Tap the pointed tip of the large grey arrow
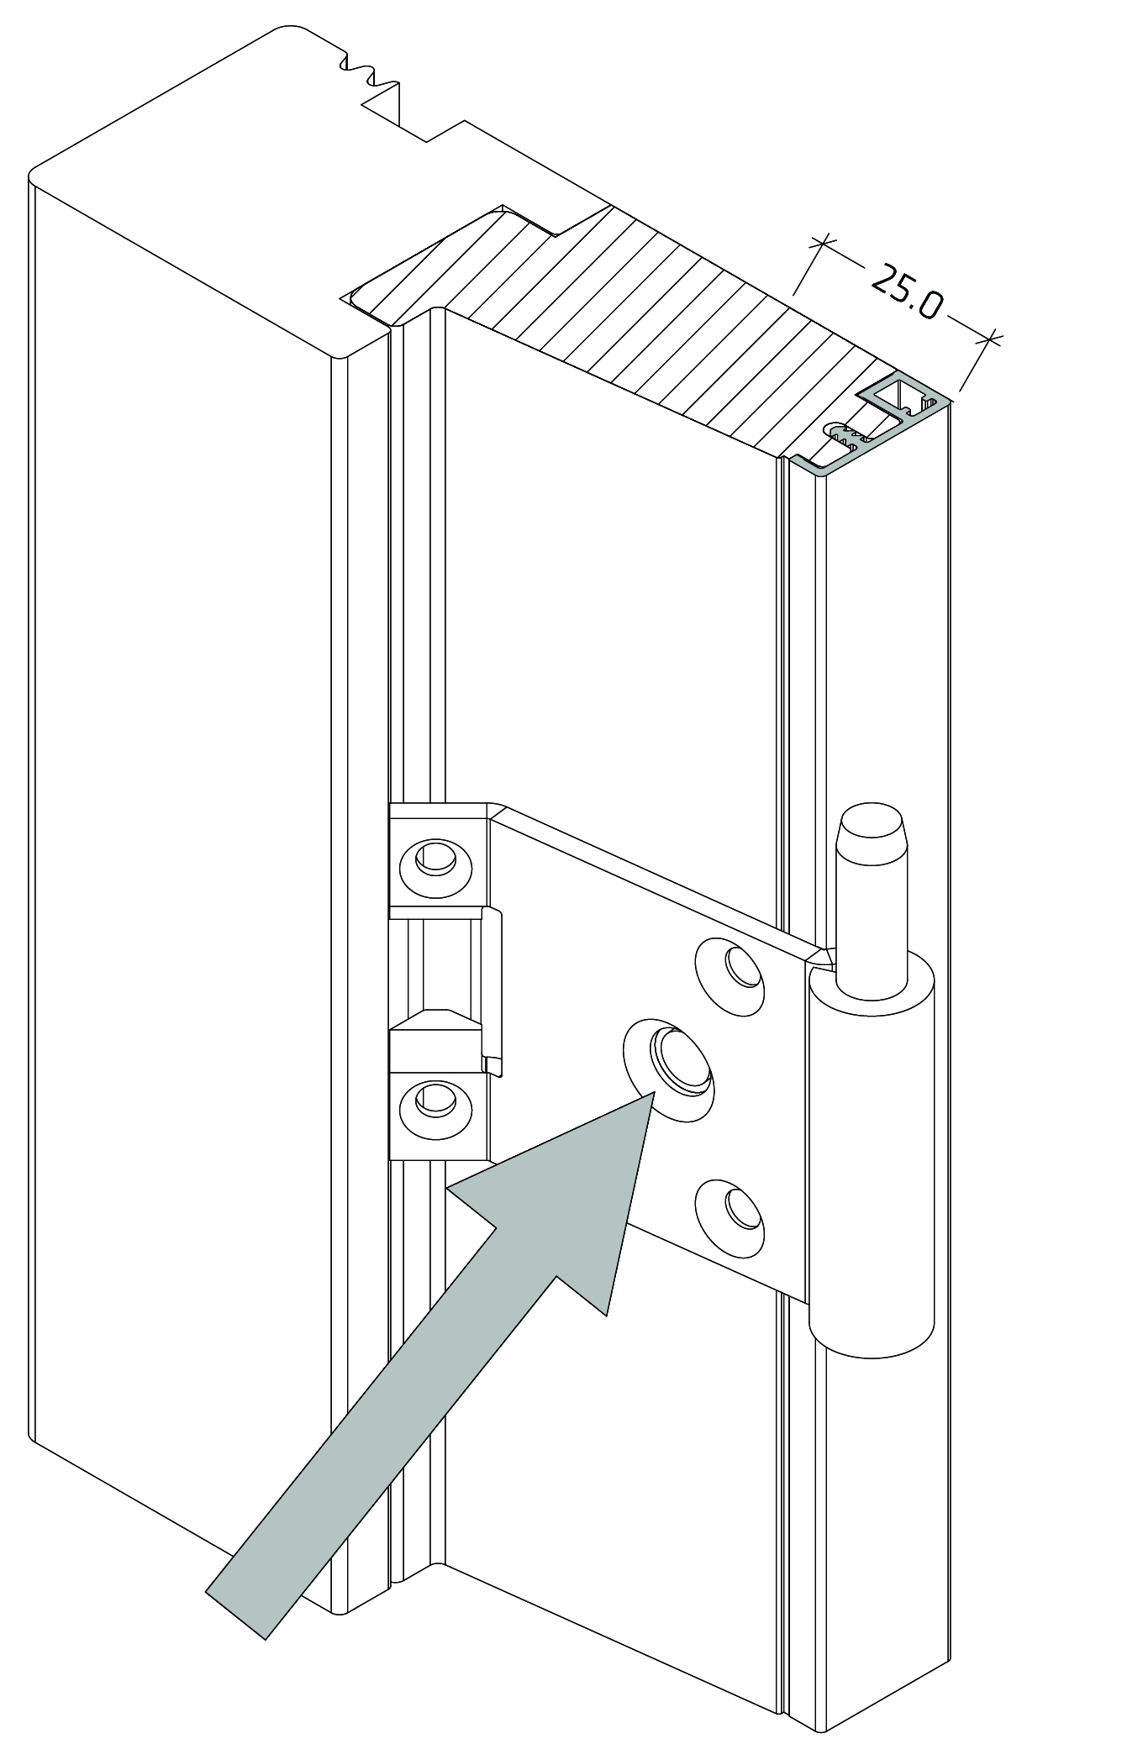coord(651,1095)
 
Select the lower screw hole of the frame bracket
coord(435,1099)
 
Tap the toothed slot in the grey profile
coord(845,434)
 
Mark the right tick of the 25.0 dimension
coord(991,339)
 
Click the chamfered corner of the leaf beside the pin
coord(820,956)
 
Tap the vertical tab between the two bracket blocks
coord(494,991)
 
